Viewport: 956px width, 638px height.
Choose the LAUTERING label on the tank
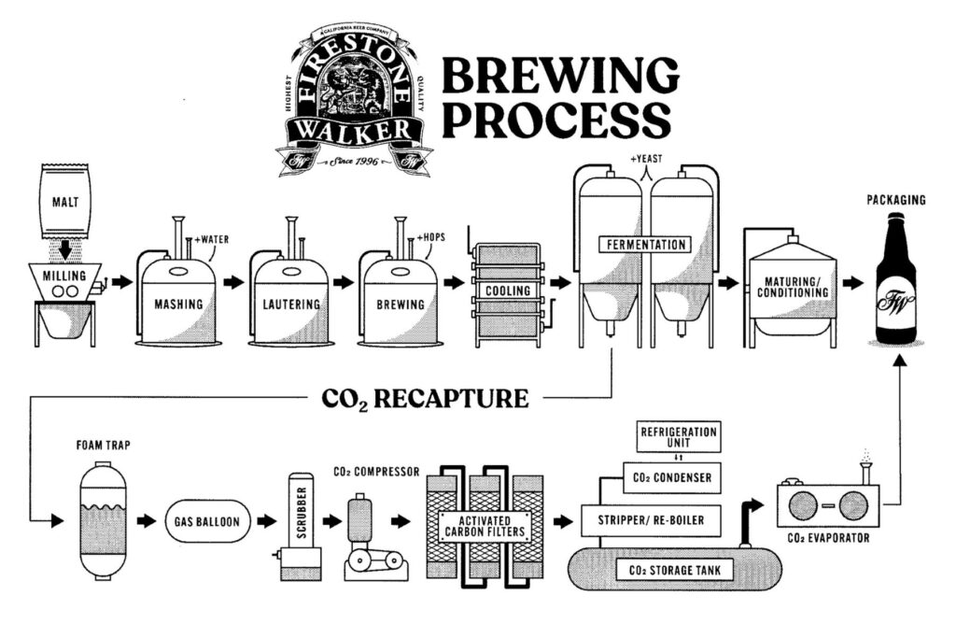point(290,304)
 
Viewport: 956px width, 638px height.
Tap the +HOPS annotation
point(431,238)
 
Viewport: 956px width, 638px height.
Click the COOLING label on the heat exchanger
point(507,291)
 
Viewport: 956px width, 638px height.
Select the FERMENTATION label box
point(644,245)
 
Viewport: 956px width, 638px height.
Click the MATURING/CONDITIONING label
point(795,286)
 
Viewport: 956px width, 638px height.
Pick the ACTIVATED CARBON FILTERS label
point(483,527)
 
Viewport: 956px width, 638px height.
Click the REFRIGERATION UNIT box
point(678,438)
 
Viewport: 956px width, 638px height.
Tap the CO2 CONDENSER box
point(672,478)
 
